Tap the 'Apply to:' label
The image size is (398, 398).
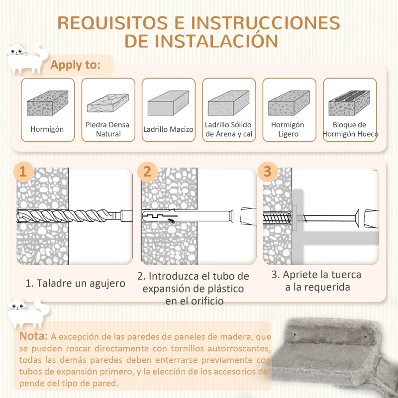tap(75, 65)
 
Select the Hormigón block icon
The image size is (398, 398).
tap(47, 103)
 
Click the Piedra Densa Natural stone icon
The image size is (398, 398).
tap(108, 103)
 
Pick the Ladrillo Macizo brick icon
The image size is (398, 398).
tap(168, 104)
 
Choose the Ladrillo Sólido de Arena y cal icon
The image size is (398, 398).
tap(228, 103)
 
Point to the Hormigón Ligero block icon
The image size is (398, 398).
tap(289, 103)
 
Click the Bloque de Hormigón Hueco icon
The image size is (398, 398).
tap(349, 103)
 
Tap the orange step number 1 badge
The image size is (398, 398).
tap(23, 172)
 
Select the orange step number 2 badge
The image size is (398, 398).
tap(147, 172)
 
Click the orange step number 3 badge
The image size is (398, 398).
tap(268, 172)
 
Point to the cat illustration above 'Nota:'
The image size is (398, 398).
tap(26, 312)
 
